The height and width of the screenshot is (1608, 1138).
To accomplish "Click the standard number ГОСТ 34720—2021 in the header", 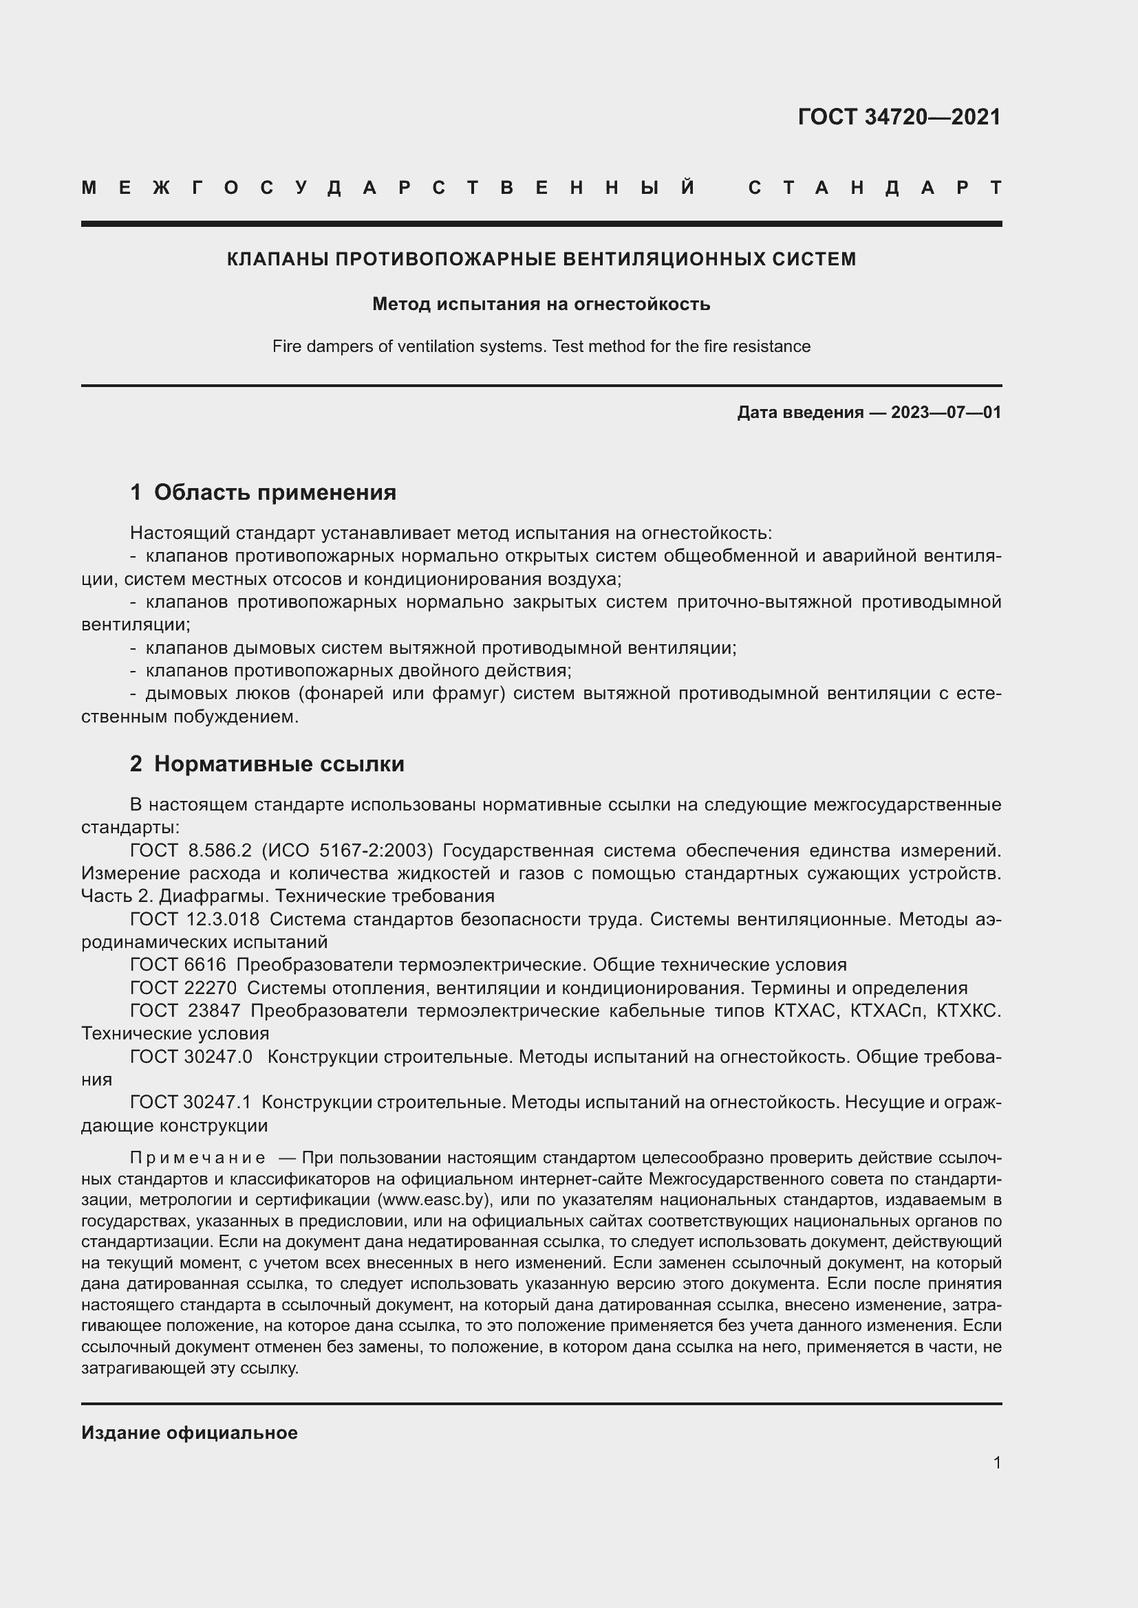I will [x=899, y=117].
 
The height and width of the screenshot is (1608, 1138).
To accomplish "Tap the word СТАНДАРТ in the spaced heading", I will [x=875, y=188].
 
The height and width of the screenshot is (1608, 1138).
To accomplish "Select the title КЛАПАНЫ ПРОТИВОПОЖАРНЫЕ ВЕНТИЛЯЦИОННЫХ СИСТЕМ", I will [x=541, y=259].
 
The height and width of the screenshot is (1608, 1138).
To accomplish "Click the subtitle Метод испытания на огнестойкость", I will [x=541, y=304].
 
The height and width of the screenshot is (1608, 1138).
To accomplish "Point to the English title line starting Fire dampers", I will [x=541, y=346].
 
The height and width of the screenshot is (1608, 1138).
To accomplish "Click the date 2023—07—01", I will [x=946, y=412].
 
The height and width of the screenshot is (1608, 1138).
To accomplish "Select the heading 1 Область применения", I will [x=263, y=492].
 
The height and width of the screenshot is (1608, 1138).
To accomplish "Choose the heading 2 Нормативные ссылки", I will [x=267, y=763].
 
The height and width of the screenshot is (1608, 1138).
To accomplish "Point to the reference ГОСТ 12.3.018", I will [x=195, y=920].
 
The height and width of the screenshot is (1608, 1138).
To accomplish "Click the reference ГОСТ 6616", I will [x=178, y=965].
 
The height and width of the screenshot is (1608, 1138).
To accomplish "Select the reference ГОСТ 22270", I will [x=184, y=988].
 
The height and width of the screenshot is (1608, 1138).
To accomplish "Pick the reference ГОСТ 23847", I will [x=185, y=1011].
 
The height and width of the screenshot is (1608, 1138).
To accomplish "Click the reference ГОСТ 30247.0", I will [x=191, y=1057].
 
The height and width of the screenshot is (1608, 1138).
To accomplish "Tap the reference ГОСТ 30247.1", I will [x=191, y=1102].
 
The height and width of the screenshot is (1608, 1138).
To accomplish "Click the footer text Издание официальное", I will [x=189, y=1433].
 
